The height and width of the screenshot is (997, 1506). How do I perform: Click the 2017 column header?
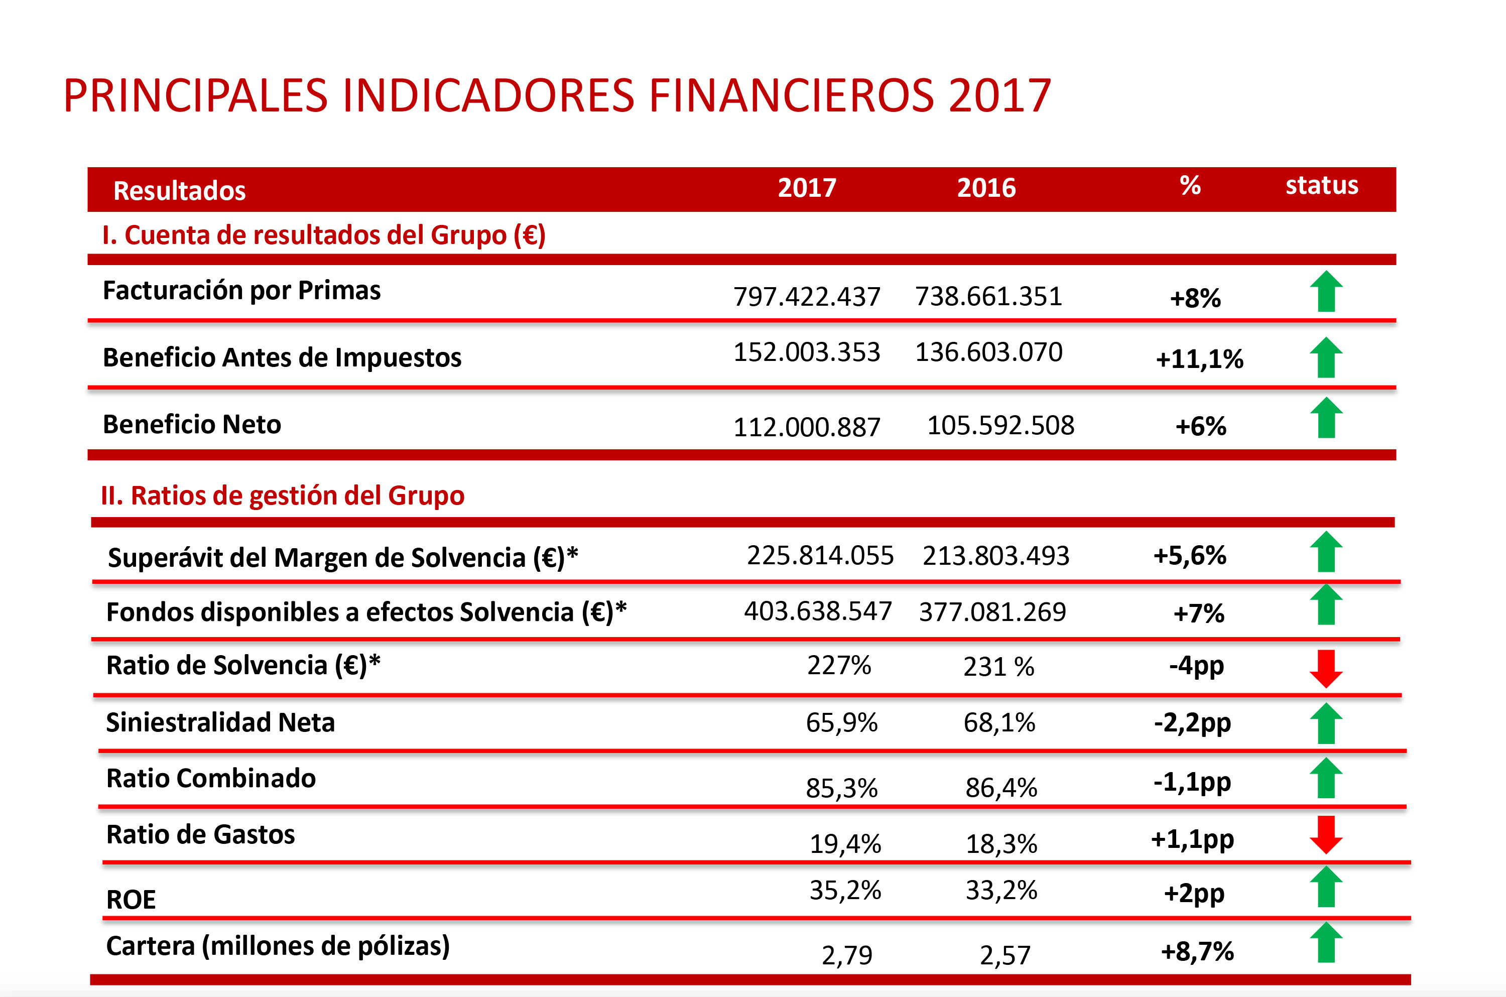click(807, 188)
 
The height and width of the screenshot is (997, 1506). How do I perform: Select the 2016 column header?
click(986, 188)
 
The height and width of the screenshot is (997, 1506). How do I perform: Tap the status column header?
click(1322, 186)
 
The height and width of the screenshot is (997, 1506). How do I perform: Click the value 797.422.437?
click(807, 297)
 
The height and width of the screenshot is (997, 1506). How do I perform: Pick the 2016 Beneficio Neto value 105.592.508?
click(1000, 425)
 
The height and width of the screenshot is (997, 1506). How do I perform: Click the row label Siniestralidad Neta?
click(220, 722)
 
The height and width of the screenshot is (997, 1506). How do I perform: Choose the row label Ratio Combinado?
click(210, 778)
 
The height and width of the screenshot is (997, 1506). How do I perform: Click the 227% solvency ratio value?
click(838, 666)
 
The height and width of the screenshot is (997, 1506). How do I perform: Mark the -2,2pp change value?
click(1192, 723)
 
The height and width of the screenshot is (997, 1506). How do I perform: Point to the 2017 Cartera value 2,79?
click(847, 955)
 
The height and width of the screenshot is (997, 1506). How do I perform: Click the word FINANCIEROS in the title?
click(792, 95)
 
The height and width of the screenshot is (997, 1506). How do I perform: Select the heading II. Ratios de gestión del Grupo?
click(282, 495)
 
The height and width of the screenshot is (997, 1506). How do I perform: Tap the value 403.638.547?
click(818, 611)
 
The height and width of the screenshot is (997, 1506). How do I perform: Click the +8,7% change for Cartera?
click(1197, 952)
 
